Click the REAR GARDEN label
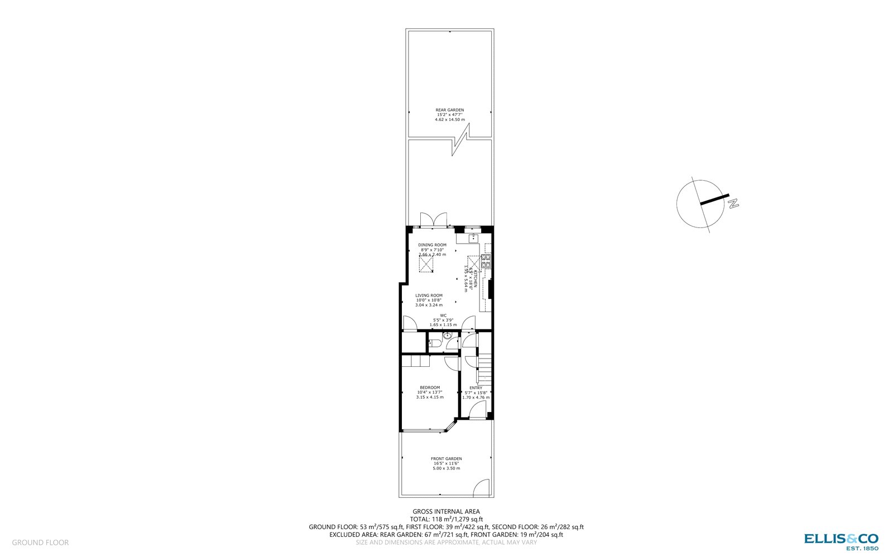tap(449, 110)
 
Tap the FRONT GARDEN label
tap(446, 459)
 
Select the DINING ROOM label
tap(433, 245)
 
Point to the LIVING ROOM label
tap(429, 296)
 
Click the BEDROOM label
tap(430, 388)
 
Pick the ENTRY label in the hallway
tap(476, 388)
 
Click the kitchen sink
tap(473, 239)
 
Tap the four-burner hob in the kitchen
tap(486, 260)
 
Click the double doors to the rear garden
tap(433, 219)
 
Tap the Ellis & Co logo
tap(841, 540)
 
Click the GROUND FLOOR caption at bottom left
tap(40, 543)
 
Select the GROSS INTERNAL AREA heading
tap(446, 511)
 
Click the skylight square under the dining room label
tap(428, 265)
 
